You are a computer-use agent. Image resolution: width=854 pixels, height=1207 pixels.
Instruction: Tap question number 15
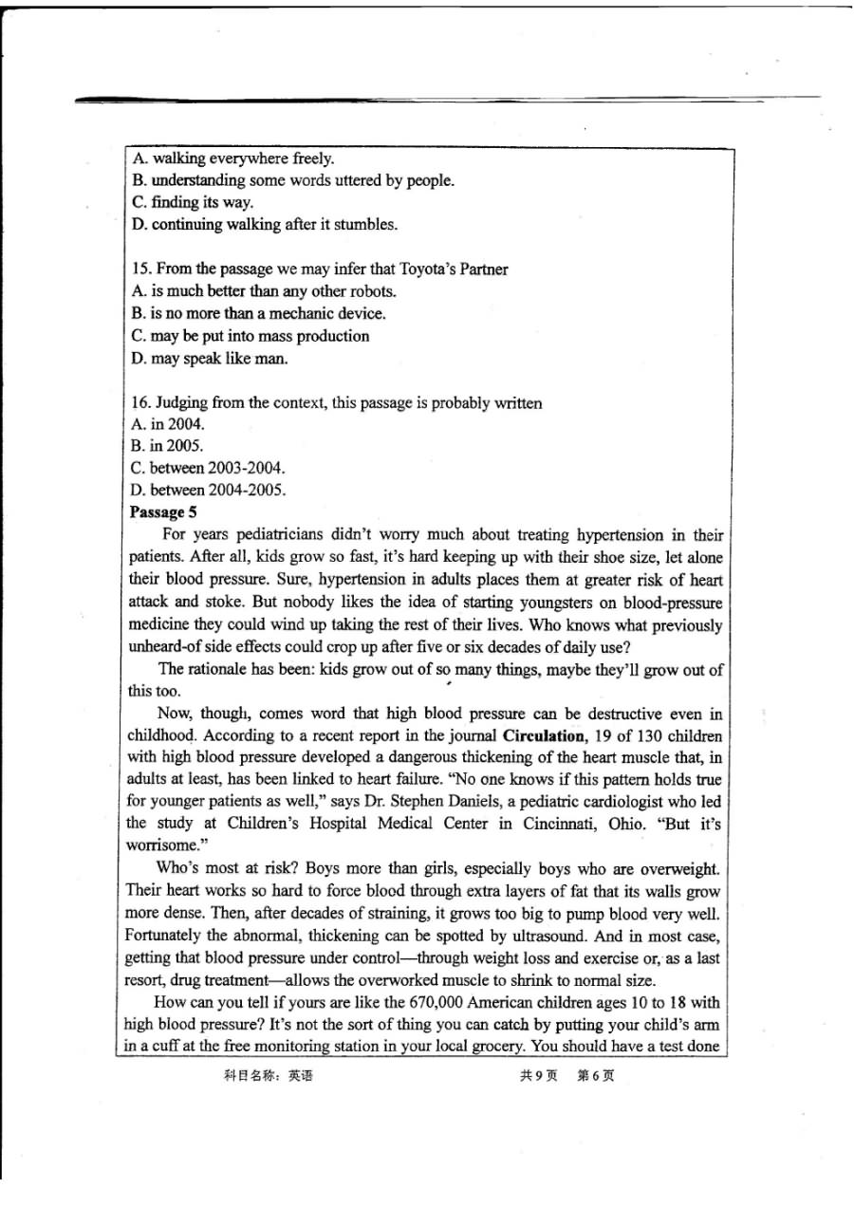(x=141, y=269)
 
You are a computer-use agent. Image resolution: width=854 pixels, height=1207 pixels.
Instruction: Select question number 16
(x=141, y=403)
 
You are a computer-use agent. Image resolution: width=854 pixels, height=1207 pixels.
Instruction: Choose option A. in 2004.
(x=168, y=424)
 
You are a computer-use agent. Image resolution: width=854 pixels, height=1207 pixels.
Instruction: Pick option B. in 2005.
(x=168, y=446)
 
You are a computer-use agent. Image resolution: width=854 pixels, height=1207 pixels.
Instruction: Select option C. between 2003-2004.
(x=207, y=468)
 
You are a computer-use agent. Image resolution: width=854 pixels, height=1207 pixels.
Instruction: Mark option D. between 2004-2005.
(x=207, y=490)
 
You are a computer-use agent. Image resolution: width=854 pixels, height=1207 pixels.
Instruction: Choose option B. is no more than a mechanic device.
(x=257, y=313)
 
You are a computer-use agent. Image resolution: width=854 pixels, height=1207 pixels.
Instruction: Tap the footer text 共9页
(x=538, y=1076)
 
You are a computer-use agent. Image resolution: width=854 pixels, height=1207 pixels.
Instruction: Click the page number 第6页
(x=596, y=1076)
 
